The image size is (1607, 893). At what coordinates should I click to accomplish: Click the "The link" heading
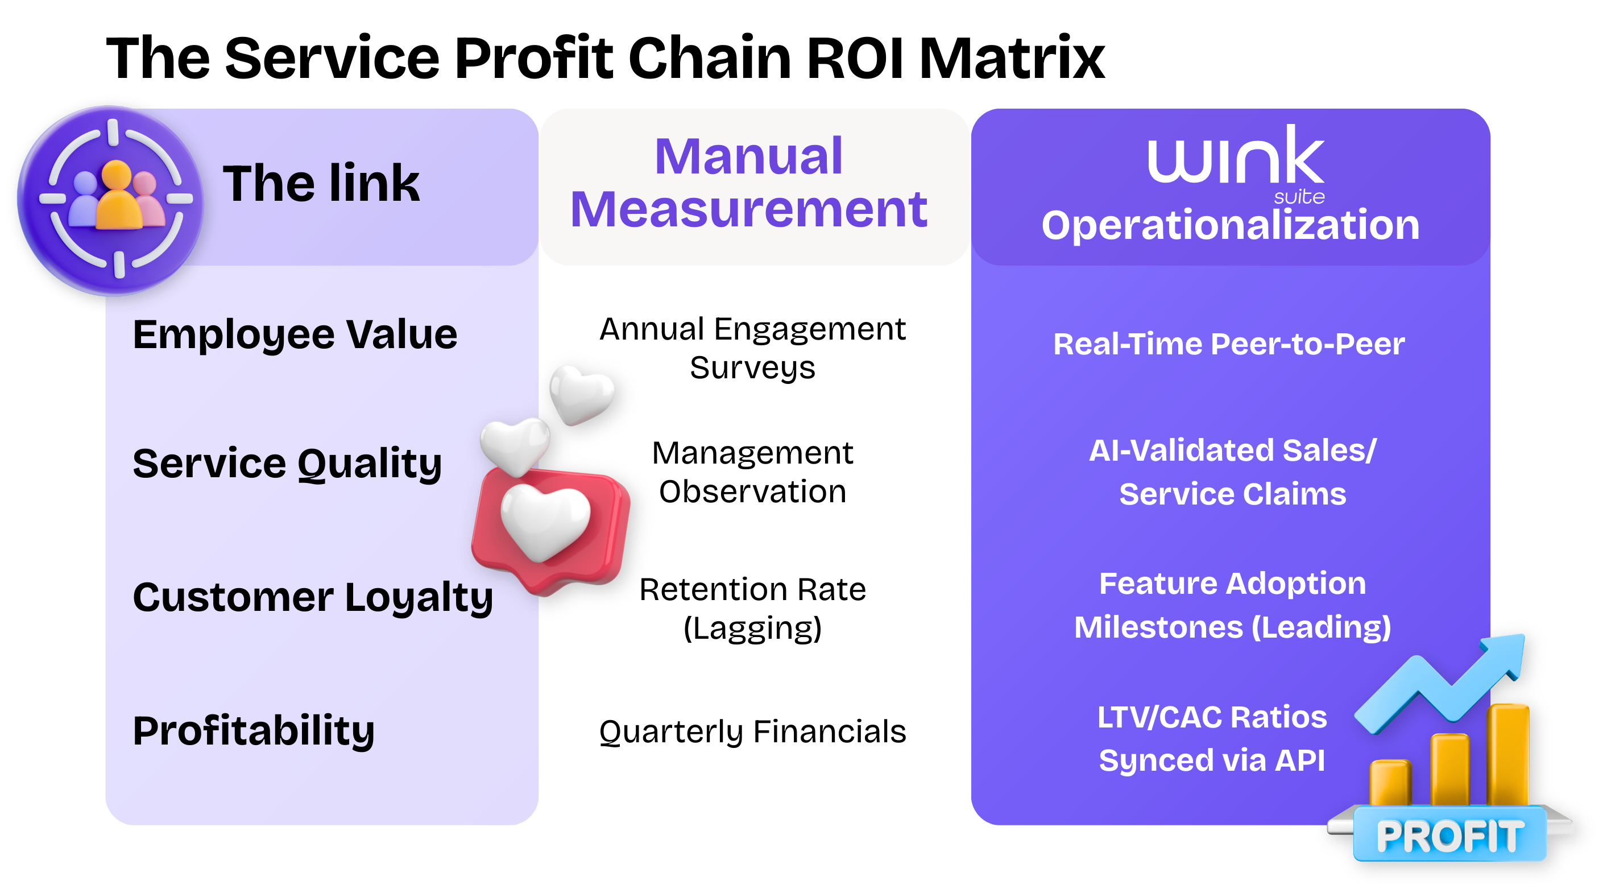pos(321,184)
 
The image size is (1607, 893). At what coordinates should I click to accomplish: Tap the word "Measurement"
pos(748,210)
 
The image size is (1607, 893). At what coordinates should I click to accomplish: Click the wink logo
pos(1235,156)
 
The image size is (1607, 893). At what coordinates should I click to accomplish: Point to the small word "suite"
pos(1299,197)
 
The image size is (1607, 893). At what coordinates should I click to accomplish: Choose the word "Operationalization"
pos(1230,225)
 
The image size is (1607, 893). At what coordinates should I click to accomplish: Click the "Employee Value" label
pos(295,335)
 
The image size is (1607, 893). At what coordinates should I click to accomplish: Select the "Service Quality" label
pos(287,464)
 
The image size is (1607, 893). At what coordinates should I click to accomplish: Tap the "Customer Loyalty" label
pos(313,598)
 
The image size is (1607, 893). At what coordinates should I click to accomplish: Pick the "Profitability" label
pos(253,731)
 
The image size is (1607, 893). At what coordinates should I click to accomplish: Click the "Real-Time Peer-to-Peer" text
pos(1229,344)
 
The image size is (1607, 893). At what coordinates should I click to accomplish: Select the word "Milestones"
pos(1158,627)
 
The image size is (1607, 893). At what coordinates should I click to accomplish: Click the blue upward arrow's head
pos(1504,655)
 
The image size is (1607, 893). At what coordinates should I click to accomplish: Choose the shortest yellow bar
pos(1390,783)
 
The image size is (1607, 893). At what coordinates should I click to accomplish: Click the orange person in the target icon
pos(117,197)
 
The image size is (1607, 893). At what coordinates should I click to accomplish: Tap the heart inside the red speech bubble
pos(545,522)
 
